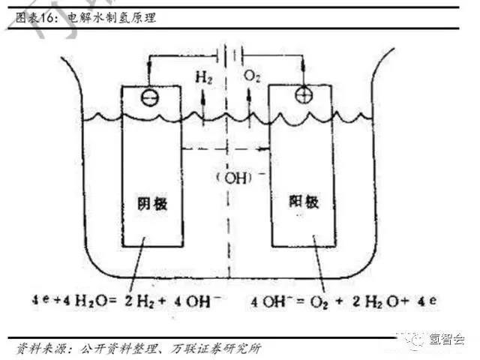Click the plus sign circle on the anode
click(303, 94)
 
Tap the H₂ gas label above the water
click(202, 77)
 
